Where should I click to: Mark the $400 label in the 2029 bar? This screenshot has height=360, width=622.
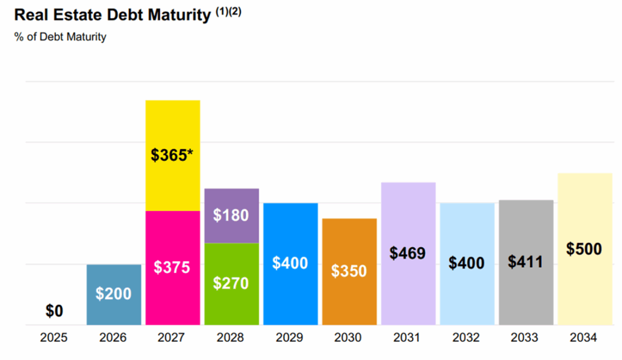coord(290,263)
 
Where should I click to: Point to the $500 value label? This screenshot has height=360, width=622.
coord(584,249)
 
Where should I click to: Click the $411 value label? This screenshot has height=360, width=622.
coord(525,262)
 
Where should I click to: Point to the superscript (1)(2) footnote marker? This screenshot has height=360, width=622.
coord(228,13)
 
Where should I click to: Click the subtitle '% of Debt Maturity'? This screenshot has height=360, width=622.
coord(60,37)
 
